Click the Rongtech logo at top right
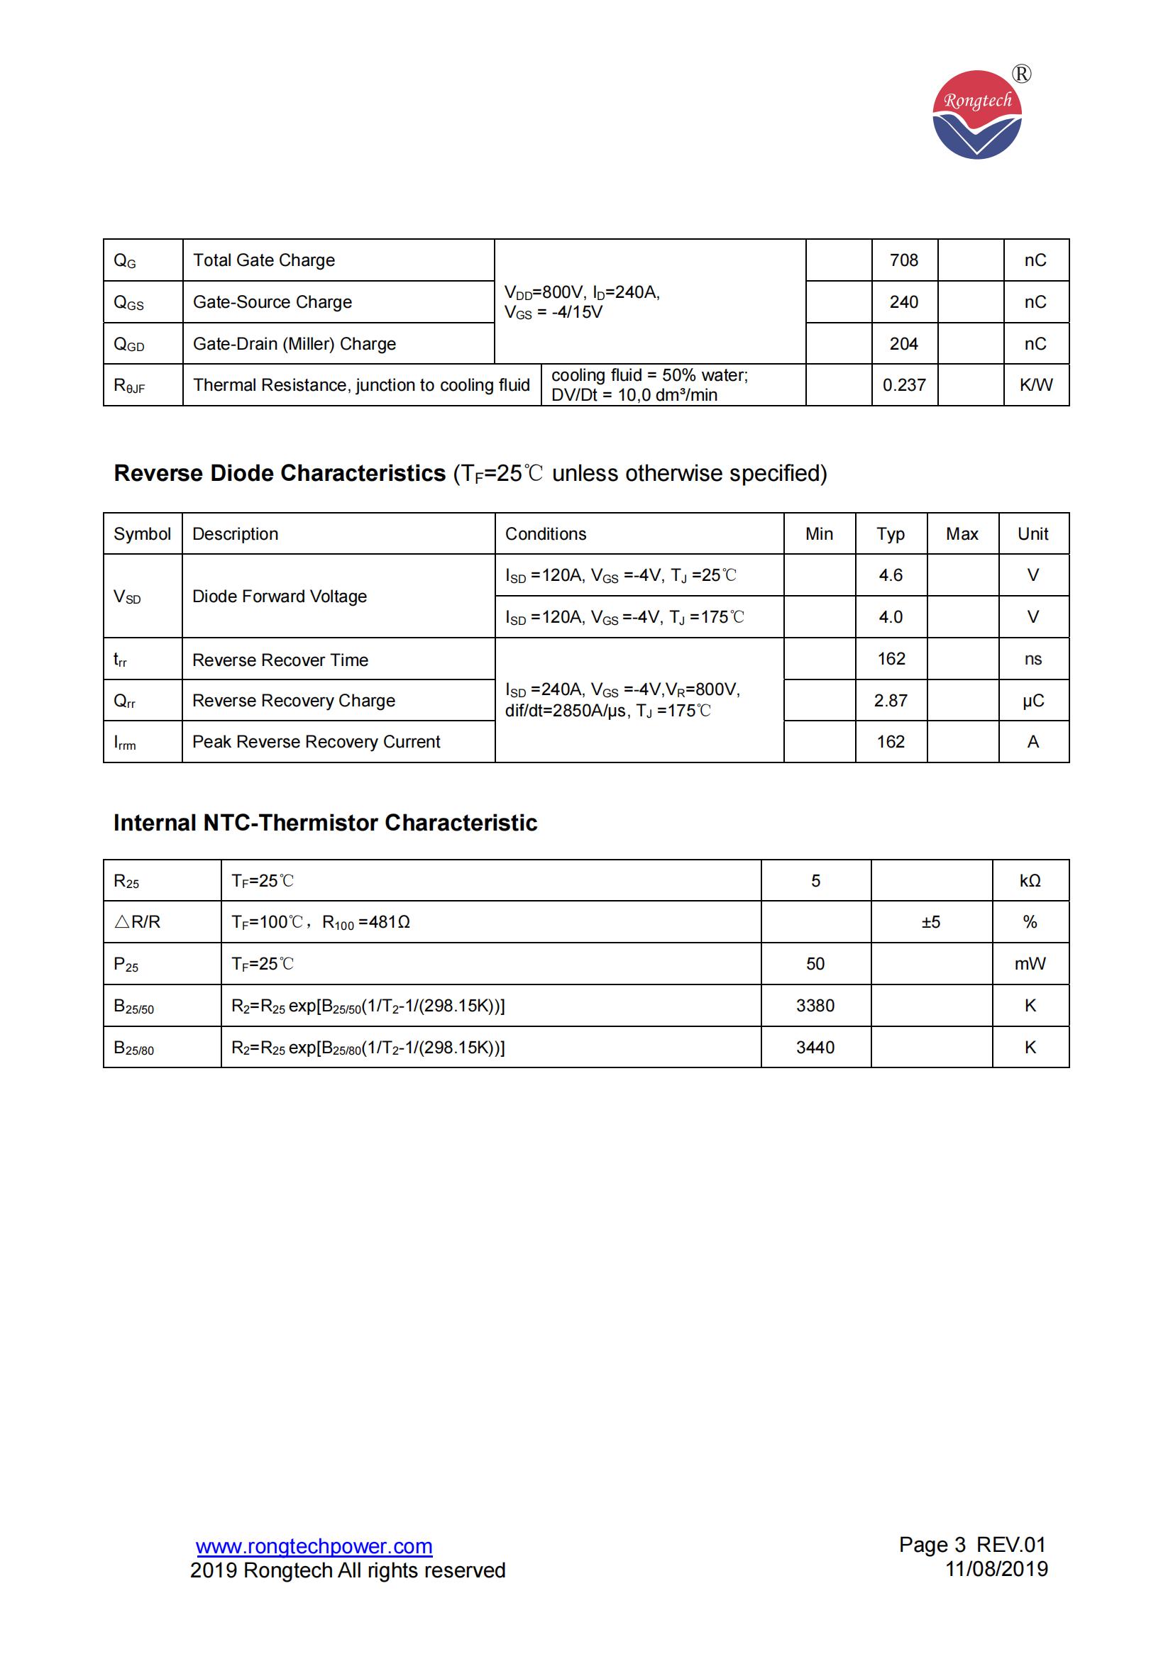tap(977, 114)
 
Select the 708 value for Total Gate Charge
tap(903, 260)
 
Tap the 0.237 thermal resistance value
tap(903, 385)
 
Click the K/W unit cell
tap(1035, 385)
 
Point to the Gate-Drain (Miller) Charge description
tap(294, 344)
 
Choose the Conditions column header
tap(546, 534)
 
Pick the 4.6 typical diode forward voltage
tap(891, 575)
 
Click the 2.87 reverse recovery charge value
tap(891, 701)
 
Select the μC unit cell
tap(1032, 701)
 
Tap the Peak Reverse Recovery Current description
tap(316, 742)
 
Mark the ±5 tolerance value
tap(931, 922)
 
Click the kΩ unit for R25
tap(1030, 881)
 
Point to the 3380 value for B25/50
tap(815, 1006)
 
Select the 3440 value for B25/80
tap(815, 1048)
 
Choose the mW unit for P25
tap(1030, 964)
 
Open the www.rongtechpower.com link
tap(314, 1546)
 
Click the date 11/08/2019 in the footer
tap(996, 1569)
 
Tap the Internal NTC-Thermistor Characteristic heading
tap(325, 823)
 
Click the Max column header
tap(962, 534)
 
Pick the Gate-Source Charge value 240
tap(903, 302)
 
